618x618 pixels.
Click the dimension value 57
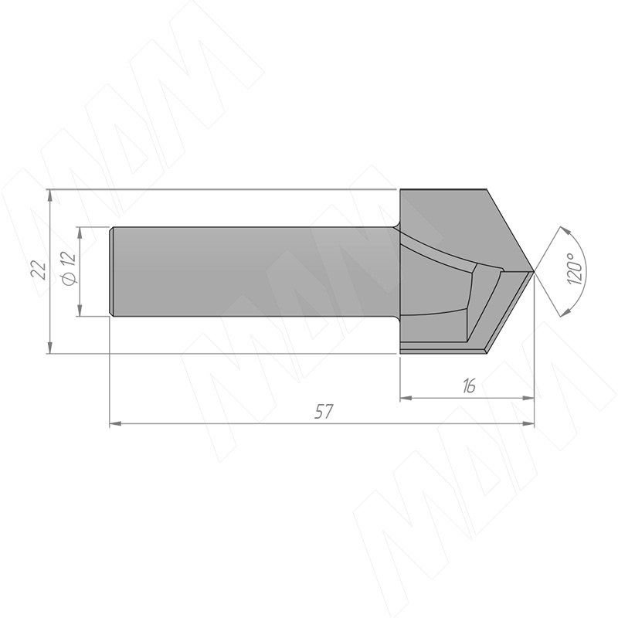coord(324,412)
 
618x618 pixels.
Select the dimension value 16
coord(469,386)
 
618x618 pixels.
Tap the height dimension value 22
coord(40,270)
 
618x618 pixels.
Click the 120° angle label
coord(576,269)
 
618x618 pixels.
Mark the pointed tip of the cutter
coord(534,272)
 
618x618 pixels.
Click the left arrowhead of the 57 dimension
coord(114,423)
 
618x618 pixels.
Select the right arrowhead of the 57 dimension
coord(528,423)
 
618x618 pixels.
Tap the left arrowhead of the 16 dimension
coord(406,399)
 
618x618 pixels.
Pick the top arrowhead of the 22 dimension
coord(49,195)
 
